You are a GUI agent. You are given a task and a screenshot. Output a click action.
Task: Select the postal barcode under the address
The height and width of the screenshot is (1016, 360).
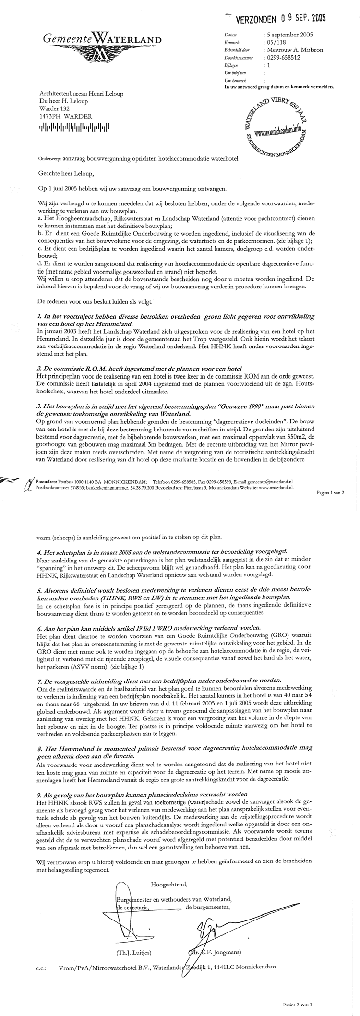[74, 127]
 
